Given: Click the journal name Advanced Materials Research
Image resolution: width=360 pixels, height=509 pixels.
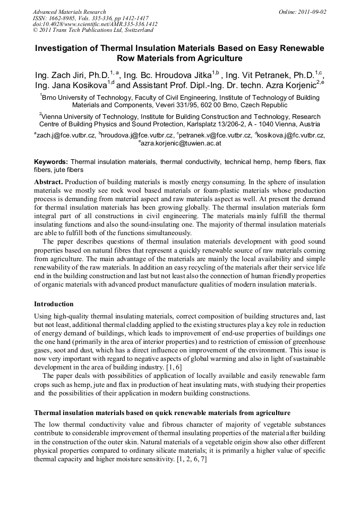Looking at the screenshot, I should click(69, 12).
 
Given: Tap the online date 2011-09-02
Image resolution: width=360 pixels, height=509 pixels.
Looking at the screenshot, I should click(311, 12).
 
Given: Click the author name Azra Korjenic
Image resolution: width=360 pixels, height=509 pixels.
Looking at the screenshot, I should click(285, 85).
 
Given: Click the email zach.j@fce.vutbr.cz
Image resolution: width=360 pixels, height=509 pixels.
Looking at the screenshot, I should click(66, 135).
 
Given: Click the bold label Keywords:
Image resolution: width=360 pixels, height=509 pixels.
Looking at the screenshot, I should click(51, 161).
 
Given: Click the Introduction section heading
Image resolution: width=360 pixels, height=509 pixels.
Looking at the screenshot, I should click(54, 304).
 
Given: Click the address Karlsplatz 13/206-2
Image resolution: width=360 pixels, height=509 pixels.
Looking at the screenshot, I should click(234, 124).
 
